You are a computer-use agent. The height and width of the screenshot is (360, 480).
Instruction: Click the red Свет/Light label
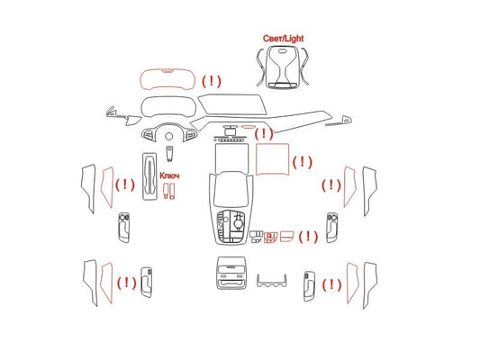(283, 39)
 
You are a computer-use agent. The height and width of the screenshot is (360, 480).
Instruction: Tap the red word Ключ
(169, 175)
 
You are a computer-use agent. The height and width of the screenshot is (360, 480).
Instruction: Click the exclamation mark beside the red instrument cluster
(212, 81)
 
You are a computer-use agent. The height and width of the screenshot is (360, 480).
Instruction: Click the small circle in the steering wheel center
(169, 137)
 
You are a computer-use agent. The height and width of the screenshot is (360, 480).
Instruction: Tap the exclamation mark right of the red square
(303, 162)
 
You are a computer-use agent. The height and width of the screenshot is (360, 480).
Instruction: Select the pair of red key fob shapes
(169, 191)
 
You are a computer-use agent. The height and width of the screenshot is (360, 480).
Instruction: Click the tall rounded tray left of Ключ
(149, 176)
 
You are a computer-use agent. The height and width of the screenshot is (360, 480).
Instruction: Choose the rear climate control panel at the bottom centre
(231, 273)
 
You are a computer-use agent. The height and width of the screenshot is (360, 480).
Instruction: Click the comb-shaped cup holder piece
(272, 283)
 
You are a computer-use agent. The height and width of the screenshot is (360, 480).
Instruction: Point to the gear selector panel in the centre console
(231, 225)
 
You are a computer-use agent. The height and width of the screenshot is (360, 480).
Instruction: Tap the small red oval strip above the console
(248, 126)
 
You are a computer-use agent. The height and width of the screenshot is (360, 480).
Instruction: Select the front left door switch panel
(123, 228)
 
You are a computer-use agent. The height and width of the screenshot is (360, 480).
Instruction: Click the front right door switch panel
(332, 228)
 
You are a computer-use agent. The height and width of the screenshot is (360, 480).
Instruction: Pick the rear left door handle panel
(146, 283)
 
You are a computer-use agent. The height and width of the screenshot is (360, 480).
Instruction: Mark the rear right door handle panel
(310, 285)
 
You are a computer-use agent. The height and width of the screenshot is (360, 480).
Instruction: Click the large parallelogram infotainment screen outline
(232, 105)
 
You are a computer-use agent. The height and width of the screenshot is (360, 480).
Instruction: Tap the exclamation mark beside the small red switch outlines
(308, 237)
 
